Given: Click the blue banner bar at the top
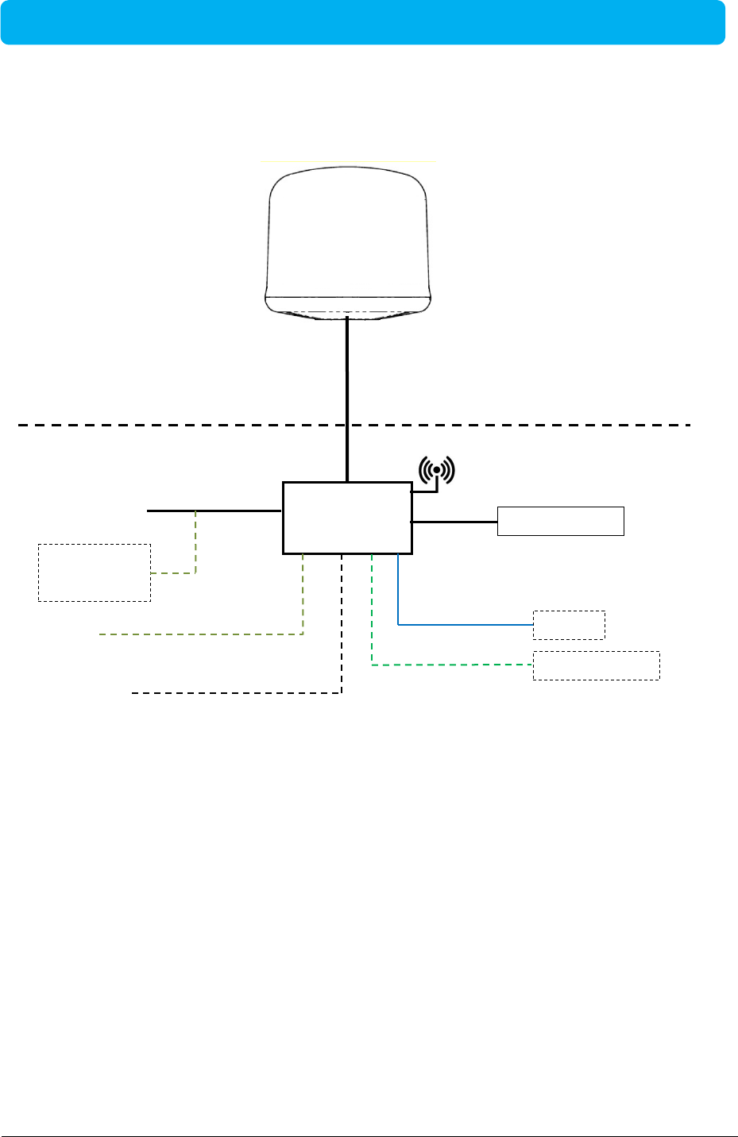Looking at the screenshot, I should (362, 22).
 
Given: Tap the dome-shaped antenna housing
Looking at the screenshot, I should (347, 230).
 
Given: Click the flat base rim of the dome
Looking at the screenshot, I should (347, 303).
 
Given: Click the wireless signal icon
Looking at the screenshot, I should (436, 470).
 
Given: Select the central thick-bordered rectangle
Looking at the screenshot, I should (347, 517).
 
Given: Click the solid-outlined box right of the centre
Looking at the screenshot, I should (560, 521).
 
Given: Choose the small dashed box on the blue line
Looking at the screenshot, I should (569, 625).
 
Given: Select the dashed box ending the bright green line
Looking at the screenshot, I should (596, 665).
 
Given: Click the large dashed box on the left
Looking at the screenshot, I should (94, 572).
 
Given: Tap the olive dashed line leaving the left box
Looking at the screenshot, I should (195, 548).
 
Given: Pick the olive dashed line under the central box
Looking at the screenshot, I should (199, 634).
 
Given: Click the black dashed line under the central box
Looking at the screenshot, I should (238, 693).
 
